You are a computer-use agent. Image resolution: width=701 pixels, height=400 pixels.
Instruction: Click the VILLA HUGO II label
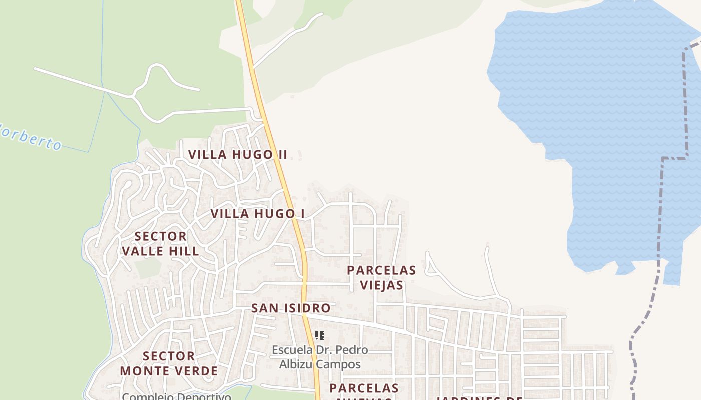point(238,154)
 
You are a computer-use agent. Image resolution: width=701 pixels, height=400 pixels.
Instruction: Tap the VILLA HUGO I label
point(257,214)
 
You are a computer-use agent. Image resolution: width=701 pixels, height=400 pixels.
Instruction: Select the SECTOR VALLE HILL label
point(160,243)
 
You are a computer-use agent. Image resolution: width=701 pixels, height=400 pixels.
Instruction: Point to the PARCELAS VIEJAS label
point(382,277)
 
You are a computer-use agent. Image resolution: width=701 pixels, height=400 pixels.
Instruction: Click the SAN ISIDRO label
point(291,308)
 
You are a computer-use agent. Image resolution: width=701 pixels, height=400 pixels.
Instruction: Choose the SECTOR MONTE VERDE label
point(169,363)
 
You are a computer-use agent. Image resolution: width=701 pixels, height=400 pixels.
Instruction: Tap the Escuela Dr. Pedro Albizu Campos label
point(319,357)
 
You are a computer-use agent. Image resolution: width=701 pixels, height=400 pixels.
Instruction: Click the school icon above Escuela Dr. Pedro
point(320,335)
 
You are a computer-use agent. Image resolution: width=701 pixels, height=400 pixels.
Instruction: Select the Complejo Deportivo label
point(176,396)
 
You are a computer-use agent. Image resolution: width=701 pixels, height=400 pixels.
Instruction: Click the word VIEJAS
point(382,285)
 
